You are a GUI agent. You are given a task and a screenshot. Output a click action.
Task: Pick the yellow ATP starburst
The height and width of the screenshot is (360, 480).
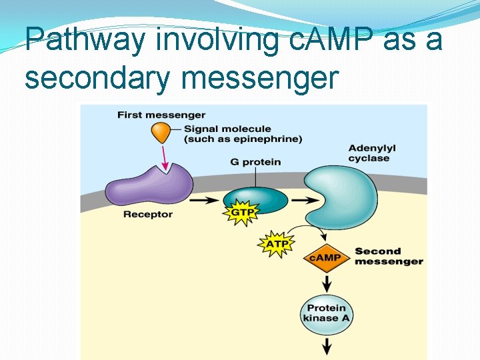click(x=276, y=244)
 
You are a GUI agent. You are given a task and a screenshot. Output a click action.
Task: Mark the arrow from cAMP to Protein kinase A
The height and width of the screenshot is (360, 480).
click(x=327, y=283)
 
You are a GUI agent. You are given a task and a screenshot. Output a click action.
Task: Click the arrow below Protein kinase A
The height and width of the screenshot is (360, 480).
click(x=327, y=345)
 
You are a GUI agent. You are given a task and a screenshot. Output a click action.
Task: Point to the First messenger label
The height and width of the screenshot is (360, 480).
click(x=161, y=115)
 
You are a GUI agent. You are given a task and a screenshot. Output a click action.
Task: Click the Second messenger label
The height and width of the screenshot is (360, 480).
click(x=388, y=256)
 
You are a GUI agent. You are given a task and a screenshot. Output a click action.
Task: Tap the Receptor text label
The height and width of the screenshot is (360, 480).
click(x=147, y=214)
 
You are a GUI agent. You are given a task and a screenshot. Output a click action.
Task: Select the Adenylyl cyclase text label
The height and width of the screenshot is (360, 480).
click(x=371, y=153)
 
